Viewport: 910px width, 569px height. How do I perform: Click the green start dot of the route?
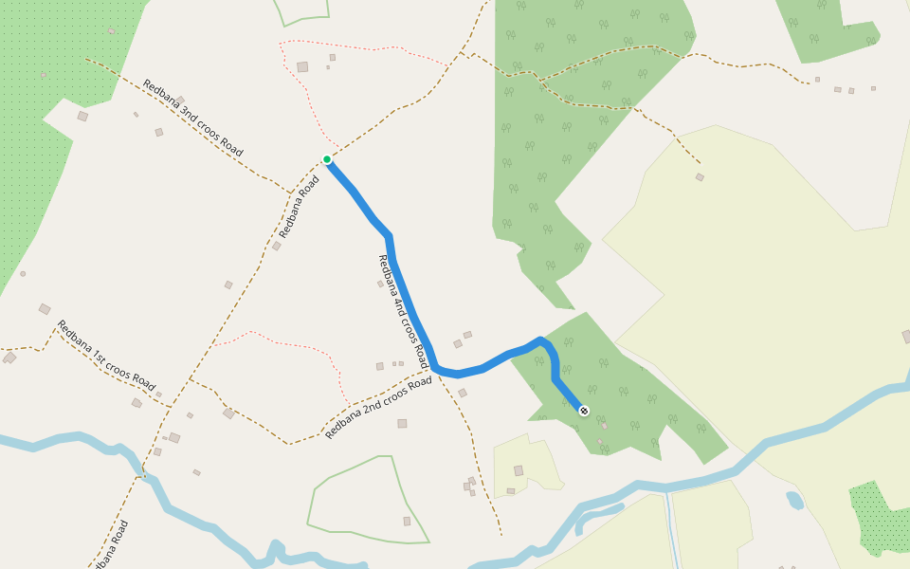pos(327,159)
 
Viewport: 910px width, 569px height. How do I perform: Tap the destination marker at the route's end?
pos(584,411)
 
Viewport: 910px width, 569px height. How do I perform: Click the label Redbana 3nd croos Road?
pos(193,119)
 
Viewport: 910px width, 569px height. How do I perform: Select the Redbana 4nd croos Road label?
pos(404,312)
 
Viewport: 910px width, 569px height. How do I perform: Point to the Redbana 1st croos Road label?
pos(105,356)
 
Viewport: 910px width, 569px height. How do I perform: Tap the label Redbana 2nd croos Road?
pos(378,408)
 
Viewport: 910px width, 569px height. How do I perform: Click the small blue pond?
pos(795,500)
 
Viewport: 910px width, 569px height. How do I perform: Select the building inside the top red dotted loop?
pos(302,66)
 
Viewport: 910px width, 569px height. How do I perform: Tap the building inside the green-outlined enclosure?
pos(407,521)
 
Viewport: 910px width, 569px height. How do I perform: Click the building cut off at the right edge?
pos(906,337)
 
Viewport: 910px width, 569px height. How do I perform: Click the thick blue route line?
pos(408,303)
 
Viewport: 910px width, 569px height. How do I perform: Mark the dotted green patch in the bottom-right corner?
pos(876,517)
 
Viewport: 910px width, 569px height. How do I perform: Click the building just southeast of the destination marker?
pos(603,426)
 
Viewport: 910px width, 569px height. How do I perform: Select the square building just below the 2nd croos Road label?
pos(402,423)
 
